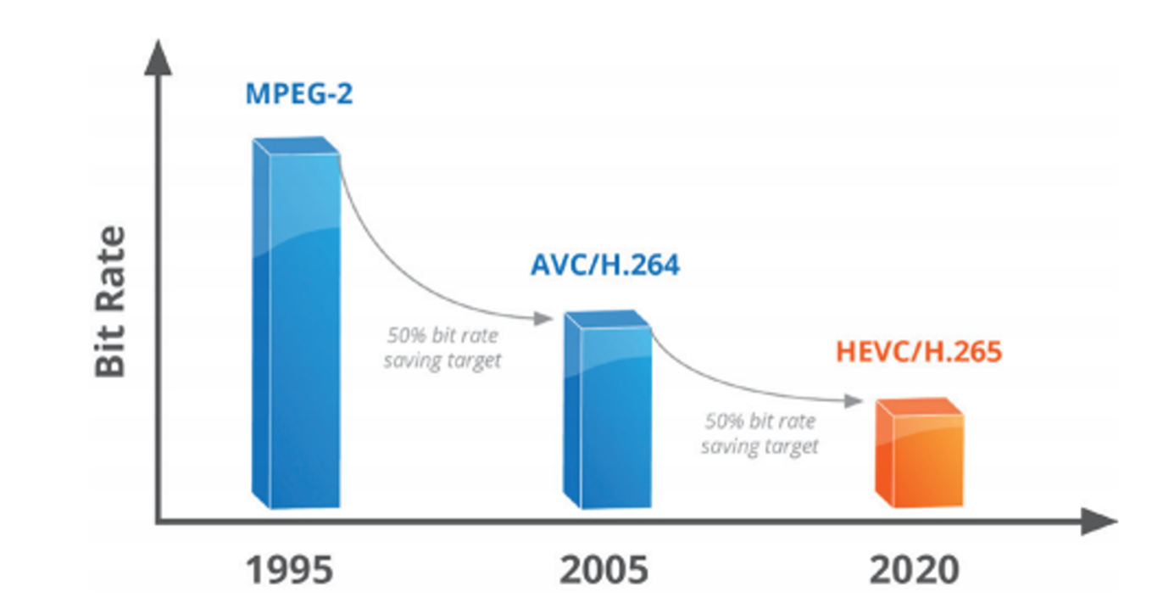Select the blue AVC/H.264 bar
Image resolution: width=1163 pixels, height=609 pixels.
pyautogui.click(x=609, y=416)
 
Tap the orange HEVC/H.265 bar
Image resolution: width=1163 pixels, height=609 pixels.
pyautogui.click(x=920, y=458)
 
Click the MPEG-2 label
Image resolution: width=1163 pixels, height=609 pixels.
pyautogui.click(x=299, y=92)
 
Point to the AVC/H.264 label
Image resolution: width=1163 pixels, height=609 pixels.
pyautogui.click(x=605, y=265)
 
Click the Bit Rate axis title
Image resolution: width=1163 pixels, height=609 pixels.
pyautogui.click(x=110, y=301)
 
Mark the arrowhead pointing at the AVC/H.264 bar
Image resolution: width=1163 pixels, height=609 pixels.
pyautogui.click(x=545, y=319)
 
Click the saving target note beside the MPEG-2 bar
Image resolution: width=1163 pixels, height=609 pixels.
pyautogui.click(x=442, y=347)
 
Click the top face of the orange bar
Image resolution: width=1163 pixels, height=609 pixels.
pyautogui.click(x=920, y=407)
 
